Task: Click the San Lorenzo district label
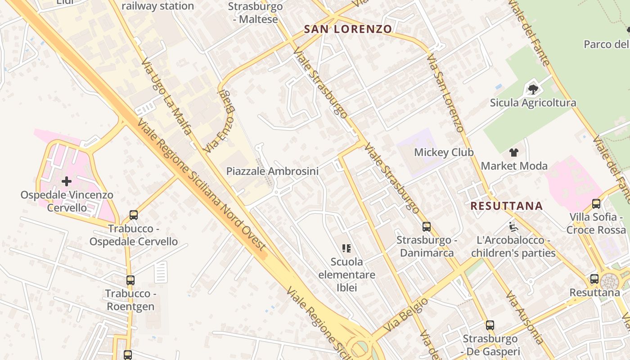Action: tap(348, 29)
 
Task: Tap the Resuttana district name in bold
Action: tap(507, 206)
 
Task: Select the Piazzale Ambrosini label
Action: tap(272, 171)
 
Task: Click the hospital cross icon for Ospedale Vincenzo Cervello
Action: tap(67, 181)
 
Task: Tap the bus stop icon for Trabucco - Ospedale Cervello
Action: tap(134, 215)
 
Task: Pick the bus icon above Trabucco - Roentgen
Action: tap(130, 280)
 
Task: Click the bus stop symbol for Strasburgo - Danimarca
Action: tap(426, 226)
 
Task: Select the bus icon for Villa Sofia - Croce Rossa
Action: tap(596, 203)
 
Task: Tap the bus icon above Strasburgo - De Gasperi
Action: tap(490, 325)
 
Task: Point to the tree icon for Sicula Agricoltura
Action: tap(533, 89)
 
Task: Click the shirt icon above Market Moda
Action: tap(514, 152)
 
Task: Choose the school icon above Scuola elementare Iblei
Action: tap(346, 247)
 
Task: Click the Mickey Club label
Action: tap(444, 152)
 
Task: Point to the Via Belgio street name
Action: tap(406, 315)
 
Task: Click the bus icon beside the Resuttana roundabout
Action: tap(594, 279)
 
